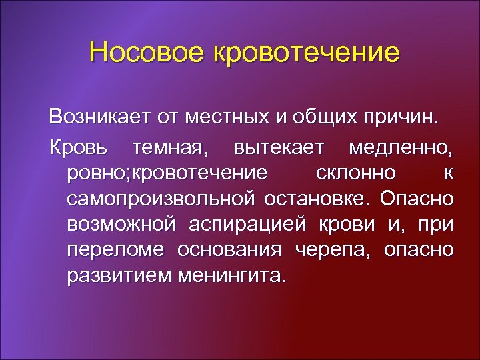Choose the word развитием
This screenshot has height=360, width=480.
click(x=119, y=275)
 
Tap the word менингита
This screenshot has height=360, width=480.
click(x=233, y=275)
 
